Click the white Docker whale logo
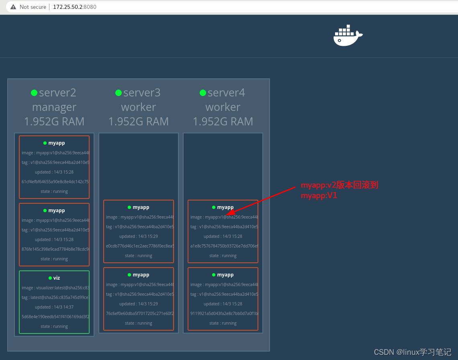[348, 36]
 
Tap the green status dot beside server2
[34, 93]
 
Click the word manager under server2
[54, 107]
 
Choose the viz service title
[56, 278]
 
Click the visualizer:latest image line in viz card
[55, 288]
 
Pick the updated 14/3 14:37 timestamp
[54, 307]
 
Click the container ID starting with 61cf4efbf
[55, 182]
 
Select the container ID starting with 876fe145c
[55, 249]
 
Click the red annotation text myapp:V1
[319, 196]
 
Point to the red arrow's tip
[226, 215]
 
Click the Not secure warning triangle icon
[13, 7]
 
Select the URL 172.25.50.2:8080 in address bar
[75, 7]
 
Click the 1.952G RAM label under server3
[139, 121]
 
